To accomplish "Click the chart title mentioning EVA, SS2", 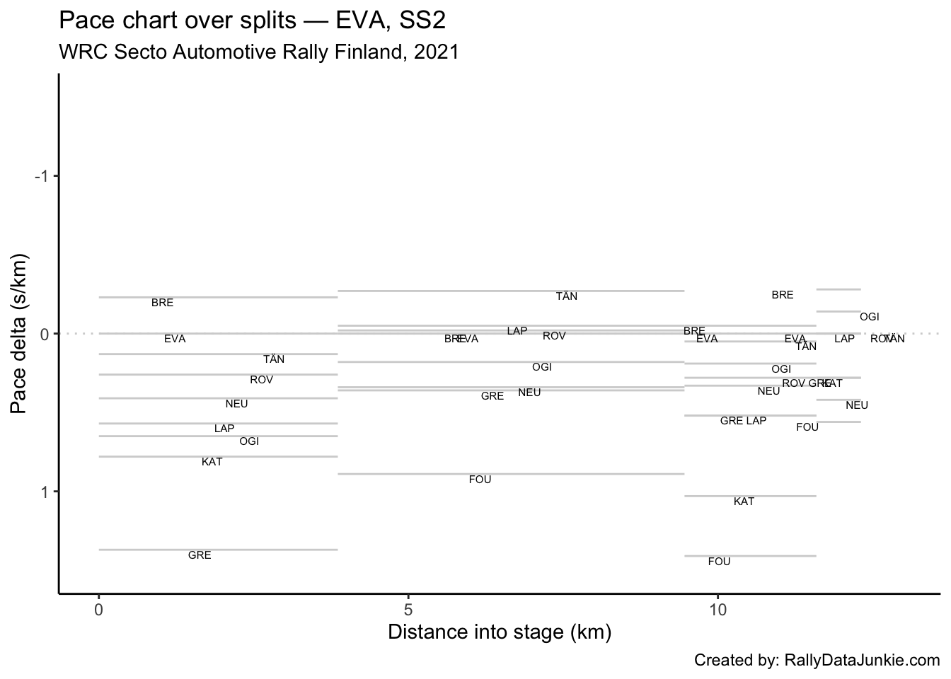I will pyautogui.click(x=252, y=21).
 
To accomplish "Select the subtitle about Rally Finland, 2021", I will pyautogui.click(x=259, y=52).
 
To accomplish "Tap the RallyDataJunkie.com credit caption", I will pyautogui.click(x=817, y=661).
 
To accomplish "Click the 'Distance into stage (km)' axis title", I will pyautogui.click(x=499, y=632).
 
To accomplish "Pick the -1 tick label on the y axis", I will pyautogui.click(x=42, y=176).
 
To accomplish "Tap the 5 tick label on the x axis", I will pyautogui.click(x=408, y=610).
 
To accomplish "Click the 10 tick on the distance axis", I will pyautogui.click(x=717, y=610).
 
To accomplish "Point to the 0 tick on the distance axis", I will pyautogui.click(x=99, y=610).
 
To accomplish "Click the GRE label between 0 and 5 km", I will pyautogui.click(x=200, y=556).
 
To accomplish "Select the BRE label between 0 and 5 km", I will pyautogui.click(x=162, y=303).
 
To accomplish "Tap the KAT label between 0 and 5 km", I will pyautogui.click(x=212, y=463).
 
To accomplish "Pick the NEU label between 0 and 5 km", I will pyautogui.click(x=236, y=405).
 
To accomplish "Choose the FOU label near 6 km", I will pyautogui.click(x=480, y=480).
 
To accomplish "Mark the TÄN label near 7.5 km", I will pyautogui.click(x=566, y=297).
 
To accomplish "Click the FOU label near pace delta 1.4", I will pyautogui.click(x=719, y=562).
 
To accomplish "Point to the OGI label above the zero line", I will pyautogui.click(x=869, y=318).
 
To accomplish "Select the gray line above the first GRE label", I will pyautogui.click(x=218, y=550).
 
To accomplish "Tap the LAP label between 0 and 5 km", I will pyautogui.click(x=224, y=429).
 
